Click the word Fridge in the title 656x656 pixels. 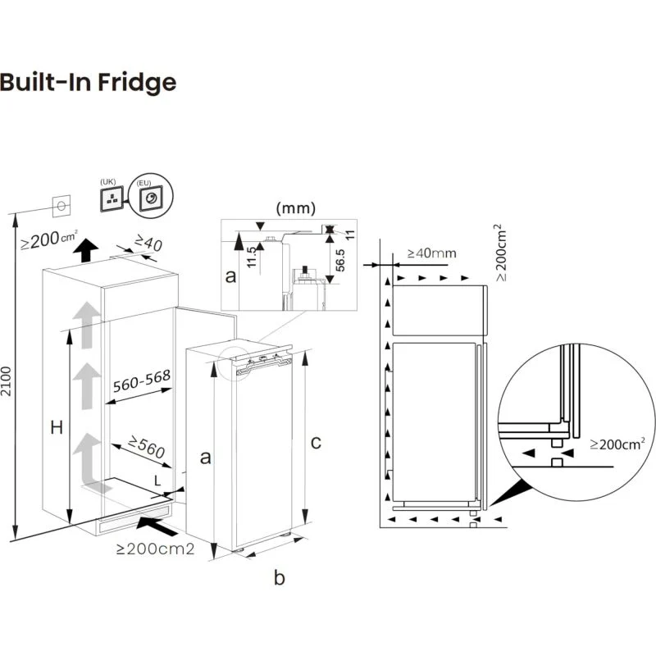click(x=137, y=83)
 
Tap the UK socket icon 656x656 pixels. click(x=112, y=199)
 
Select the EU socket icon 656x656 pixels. click(x=150, y=196)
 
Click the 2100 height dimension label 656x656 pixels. click(x=6, y=381)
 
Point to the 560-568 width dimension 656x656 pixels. click(x=142, y=380)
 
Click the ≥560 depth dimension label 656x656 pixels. click(x=147, y=446)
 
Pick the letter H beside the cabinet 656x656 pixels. click(x=57, y=428)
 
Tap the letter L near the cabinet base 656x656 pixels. click(x=157, y=481)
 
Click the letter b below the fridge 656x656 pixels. click(x=280, y=578)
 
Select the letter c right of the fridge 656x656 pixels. click(x=316, y=443)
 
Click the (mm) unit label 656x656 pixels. click(x=296, y=208)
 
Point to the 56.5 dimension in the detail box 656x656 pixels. click(x=340, y=260)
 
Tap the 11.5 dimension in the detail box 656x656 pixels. click(x=251, y=257)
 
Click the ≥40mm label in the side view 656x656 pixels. click(x=432, y=253)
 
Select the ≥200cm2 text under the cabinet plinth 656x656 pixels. click(x=155, y=549)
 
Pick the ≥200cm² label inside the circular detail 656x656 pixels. click(x=617, y=444)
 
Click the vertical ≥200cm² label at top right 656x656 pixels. click(x=501, y=253)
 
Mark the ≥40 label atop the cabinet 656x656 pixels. click(x=148, y=243)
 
